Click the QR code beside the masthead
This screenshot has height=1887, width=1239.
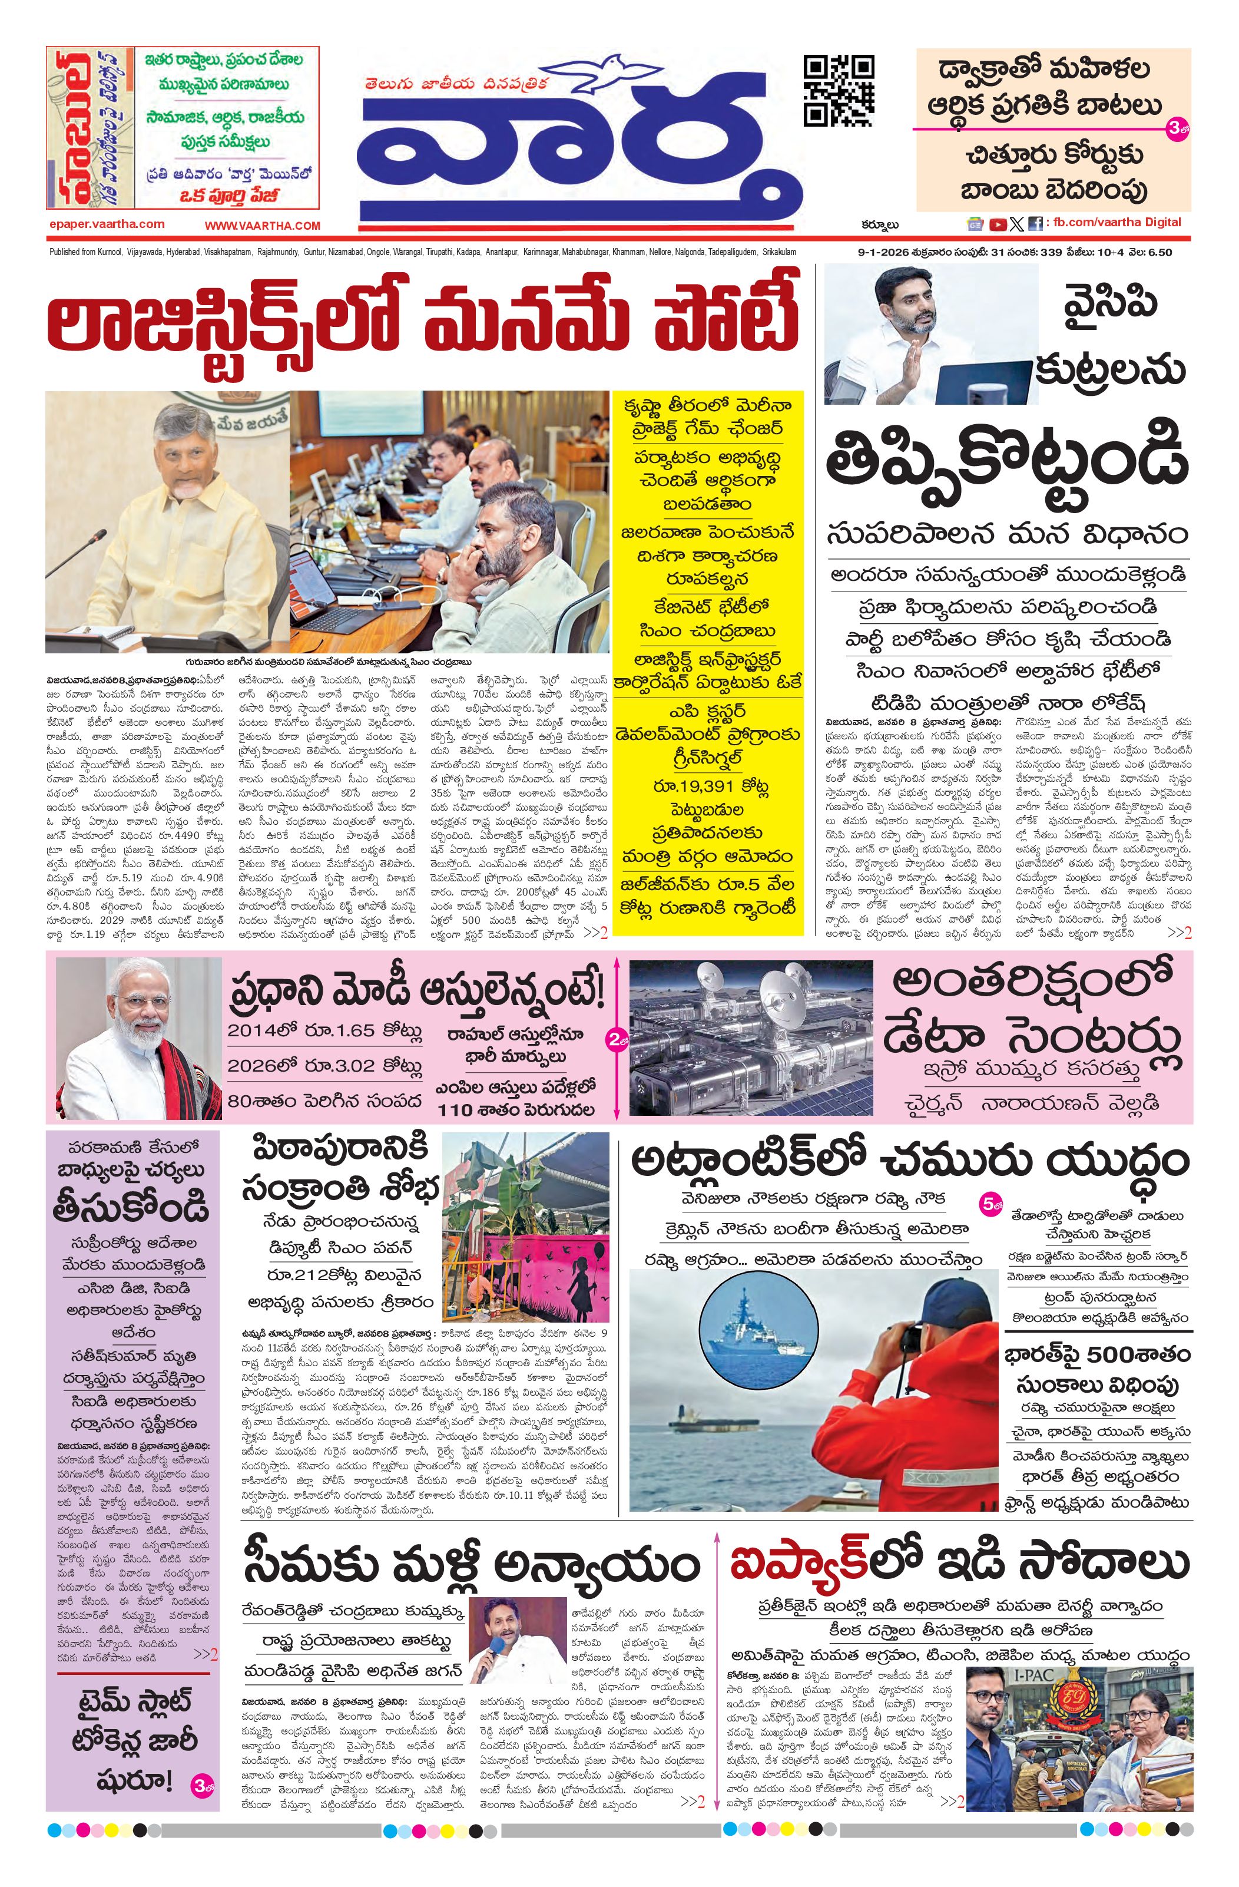[838, 91]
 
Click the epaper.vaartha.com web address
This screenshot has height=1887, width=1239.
[106, 224]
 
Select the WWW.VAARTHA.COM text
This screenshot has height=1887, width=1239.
[263, 226]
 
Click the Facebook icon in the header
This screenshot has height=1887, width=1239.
[1035, 224]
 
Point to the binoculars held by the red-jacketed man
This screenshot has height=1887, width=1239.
[911, 1337]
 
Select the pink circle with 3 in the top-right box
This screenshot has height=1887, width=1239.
[1175, 130]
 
